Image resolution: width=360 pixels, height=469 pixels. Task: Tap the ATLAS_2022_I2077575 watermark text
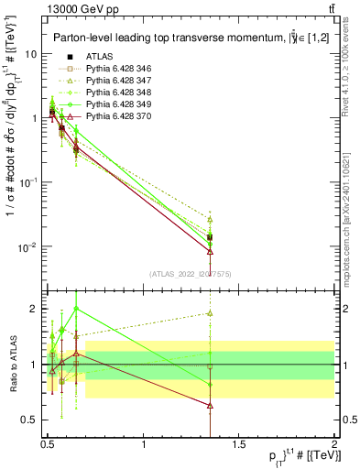190,274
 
